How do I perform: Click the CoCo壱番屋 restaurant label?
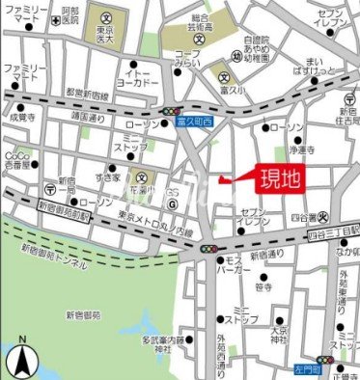[x=16, y=159]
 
